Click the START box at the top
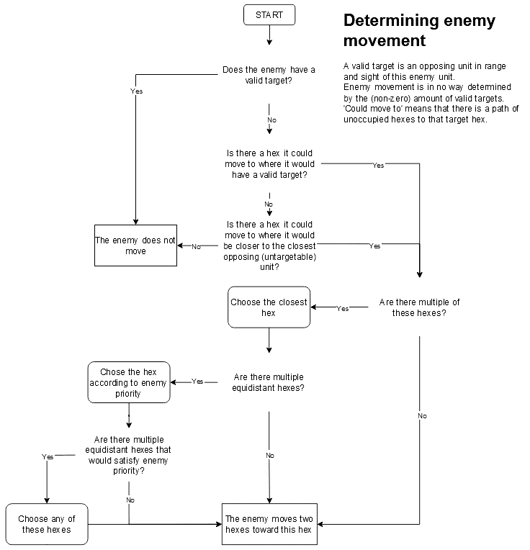269,14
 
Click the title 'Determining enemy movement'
419,30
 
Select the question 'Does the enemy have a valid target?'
269,76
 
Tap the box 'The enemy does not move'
135,245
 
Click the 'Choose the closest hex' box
269,307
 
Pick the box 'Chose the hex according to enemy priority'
129,383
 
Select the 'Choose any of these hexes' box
47,523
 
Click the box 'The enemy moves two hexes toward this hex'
269,523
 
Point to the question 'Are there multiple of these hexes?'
419,307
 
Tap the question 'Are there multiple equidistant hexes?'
269,382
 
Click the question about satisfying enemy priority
129,455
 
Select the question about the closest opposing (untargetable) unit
269,245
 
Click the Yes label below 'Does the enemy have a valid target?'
136,91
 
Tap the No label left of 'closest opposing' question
196,246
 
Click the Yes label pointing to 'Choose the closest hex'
343,308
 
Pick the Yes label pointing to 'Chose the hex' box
197,382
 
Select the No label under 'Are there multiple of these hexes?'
422,416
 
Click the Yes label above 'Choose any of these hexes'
48,456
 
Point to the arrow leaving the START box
269,35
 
